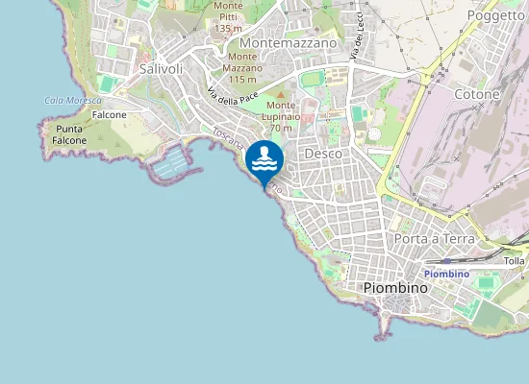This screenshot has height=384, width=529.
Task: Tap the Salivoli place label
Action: tap(161, 69)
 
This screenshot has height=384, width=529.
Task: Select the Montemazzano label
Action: tap(289, 43)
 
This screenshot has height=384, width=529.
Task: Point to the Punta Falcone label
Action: tap(70, 134)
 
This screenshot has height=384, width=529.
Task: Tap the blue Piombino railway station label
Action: tap(446, 274)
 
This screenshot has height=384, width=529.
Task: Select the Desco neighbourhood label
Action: tap(323, 154)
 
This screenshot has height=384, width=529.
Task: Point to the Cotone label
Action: tap(478, 95)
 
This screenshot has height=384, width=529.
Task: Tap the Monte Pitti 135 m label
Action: tap(228, 17)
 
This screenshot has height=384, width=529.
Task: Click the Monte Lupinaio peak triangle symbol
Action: tap(281, 94)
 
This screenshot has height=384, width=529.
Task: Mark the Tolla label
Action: tap(515, 260)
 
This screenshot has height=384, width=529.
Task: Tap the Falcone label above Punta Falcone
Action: tap(109, 114)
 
